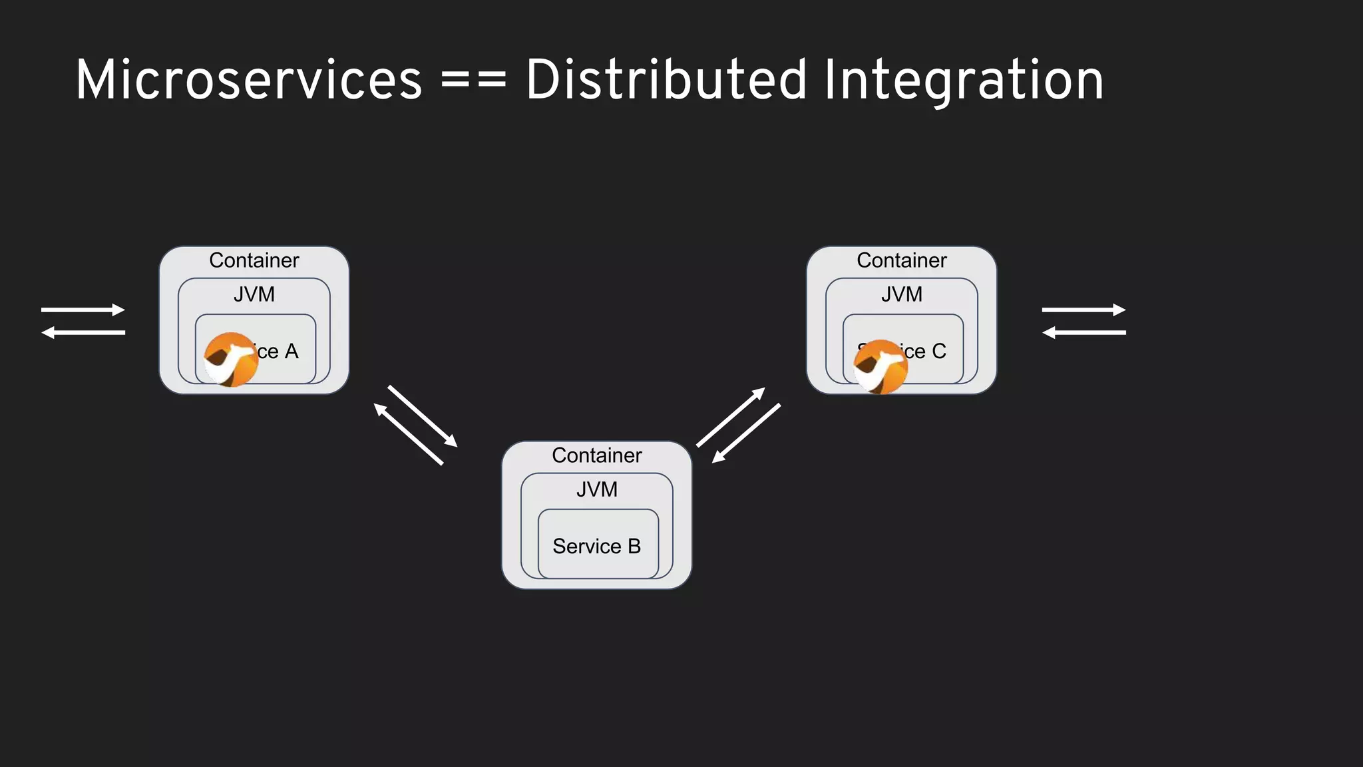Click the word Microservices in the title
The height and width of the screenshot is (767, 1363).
[x=248, y=81]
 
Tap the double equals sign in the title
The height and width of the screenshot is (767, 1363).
[x=473, y=81]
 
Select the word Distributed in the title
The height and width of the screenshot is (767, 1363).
[x=666, y=81]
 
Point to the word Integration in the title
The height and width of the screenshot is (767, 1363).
[x=963, y=81]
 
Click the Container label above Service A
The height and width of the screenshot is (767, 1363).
[x=254, y=260]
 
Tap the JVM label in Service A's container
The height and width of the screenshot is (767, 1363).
[x=254, y=294]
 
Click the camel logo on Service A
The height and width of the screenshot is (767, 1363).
[x=230, y=360]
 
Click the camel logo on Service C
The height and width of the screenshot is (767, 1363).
[x=880, y=367]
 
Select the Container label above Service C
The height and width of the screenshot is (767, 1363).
[x=901, y=260]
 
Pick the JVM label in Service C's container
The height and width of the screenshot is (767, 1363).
[x=901, y=294]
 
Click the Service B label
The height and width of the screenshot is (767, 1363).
[x=596, y=547]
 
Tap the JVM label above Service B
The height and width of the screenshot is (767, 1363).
[x=596, y=489]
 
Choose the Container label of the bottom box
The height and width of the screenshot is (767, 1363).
[x=596, y=455]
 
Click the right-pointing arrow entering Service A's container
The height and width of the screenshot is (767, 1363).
[x=83, y=310]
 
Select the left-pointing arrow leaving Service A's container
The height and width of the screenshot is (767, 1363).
[x=83, y=332]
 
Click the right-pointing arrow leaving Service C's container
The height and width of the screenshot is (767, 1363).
[x=1083, y=310]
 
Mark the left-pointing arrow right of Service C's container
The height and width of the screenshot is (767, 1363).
[x=1083, y=332]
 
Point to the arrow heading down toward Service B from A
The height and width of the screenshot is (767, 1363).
[x=423, y=416]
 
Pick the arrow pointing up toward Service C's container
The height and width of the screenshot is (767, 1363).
[x=731, y=417]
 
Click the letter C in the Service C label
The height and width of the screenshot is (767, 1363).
[x=938, y=351]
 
